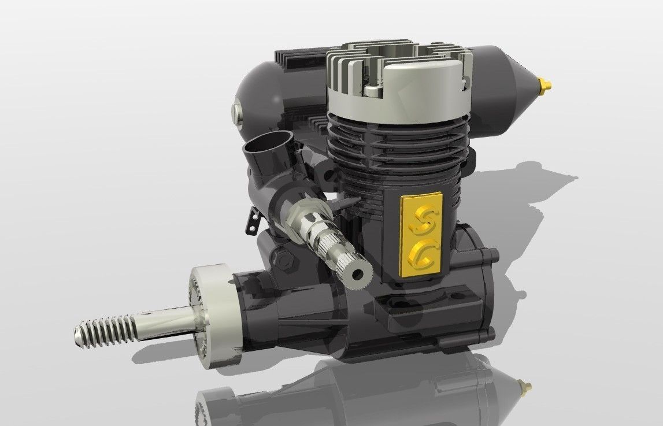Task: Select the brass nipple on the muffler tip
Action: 545,84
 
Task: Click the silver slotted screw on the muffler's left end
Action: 237,111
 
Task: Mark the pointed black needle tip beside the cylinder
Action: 351,202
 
